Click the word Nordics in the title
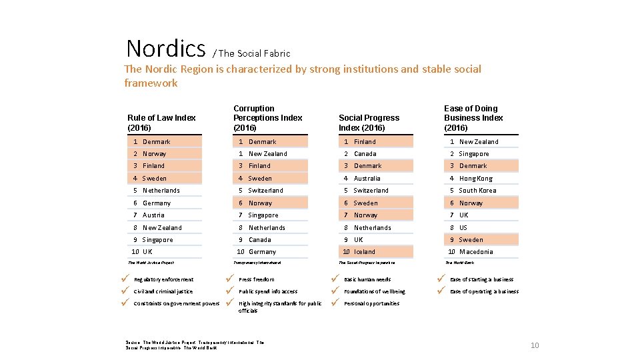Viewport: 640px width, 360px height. click(x=166, y=49)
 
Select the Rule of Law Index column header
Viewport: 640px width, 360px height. click(x=161, y=123)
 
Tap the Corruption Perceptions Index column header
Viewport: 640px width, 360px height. click(x=267, y=118)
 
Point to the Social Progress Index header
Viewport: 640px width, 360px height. click(x=369, y=123)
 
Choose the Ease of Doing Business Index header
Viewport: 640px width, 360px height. click(x=473, y=118)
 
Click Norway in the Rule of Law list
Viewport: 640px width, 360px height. click(x=154, y=154)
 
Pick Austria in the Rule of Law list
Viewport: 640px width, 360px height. click(x=153, y=215)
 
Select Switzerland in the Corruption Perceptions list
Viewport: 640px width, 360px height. click(x=265, y=191)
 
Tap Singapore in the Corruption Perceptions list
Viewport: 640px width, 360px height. click(x=263, y=215)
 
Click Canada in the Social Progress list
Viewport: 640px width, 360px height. click(x=365, y=154)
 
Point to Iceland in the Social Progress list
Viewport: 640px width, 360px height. click(x=365, y=252)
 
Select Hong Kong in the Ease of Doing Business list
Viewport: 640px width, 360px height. click(x=475, y=179)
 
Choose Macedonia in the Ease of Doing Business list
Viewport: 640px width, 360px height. click(x=476, y=252)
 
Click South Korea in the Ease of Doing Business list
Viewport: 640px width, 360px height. click(x=477, y=191)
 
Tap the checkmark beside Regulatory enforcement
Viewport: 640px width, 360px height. click(x=125, y=279)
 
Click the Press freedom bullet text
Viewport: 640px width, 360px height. click(x=257, y=280)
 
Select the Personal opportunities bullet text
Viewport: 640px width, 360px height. click(x=371, y=304)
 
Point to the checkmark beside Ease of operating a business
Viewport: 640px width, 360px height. click(x=440, y=291)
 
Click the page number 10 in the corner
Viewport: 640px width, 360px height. click(x=534, y=345)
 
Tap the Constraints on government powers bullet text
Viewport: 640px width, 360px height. click(x=177, y=304)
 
